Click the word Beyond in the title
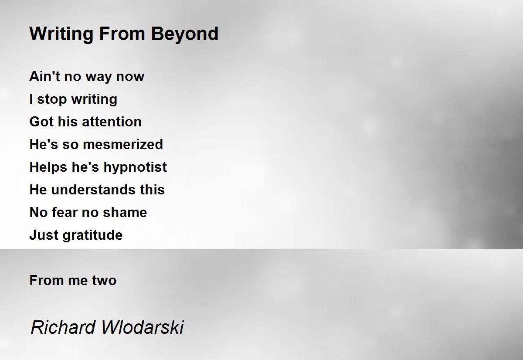pyautogui.click(x=185, y=34)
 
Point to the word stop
pyautogui.click(x=52, y=100)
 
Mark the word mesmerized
pyautogui.click(x=123, y=144)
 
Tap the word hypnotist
pyautogui.click(x=135, y=168)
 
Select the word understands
pyautogui.click(x=93, y=189)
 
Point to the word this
pyautogui.click(x=153, y=189)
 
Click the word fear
pyautogui.click(x=65, y=212)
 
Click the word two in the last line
pyautogui.click(x=104, y=280)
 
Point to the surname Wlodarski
pyautogui.click(x=143, y=327)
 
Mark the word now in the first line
pyautogui.click(x=130, y=77)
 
